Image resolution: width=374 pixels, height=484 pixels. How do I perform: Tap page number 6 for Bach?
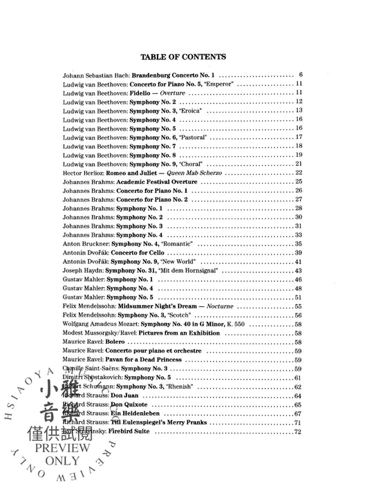tap(301, 74)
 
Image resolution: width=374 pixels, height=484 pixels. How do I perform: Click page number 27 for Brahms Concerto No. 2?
tap(299, 199)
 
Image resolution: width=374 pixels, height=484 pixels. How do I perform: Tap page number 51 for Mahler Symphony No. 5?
tap(299, 297)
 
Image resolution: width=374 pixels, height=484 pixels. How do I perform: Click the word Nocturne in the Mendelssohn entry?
tap(214, 306)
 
